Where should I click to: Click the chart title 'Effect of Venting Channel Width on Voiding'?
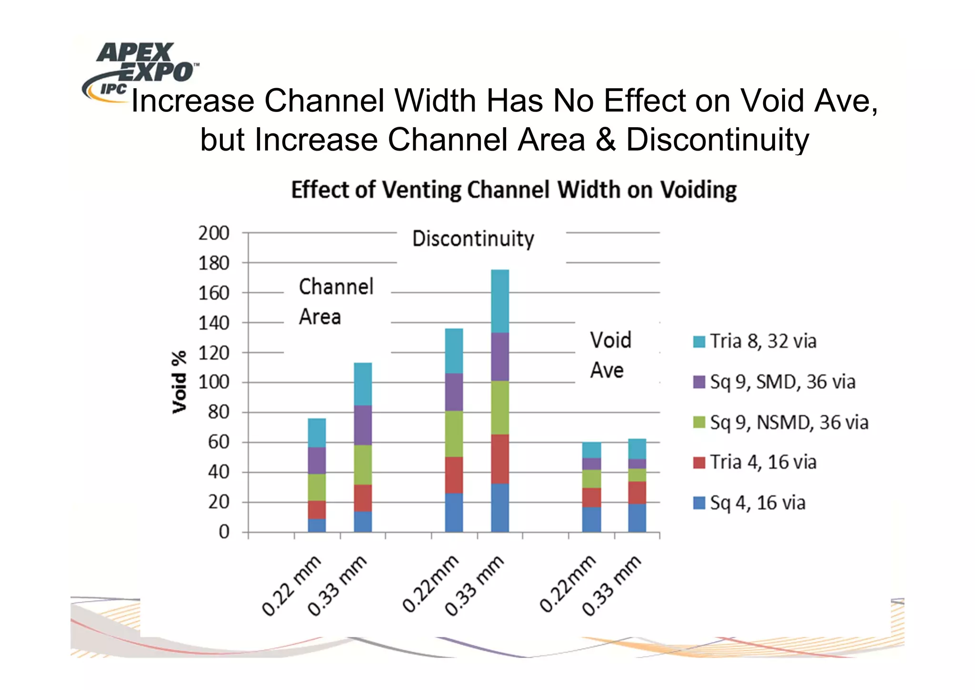[x=514, y=190]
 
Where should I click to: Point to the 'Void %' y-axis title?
[x=179, y=382]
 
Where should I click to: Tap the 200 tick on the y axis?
[x=214, y=233]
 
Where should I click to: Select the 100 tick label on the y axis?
[x=214, y=382]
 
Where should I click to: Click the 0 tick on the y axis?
[x=224, y=532]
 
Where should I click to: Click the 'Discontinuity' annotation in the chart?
[x=473, y=239]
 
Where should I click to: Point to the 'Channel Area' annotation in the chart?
[x=336, y=302]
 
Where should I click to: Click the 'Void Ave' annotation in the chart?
[x=610, y=355]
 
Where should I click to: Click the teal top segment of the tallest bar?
[x=500, y=301]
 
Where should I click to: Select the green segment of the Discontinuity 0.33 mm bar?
[x=500, y=407]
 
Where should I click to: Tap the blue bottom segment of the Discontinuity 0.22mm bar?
[x=454, y=512]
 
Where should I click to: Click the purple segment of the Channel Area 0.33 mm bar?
[x=363, y=425]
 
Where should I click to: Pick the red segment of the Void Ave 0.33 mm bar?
[x=637, y=492]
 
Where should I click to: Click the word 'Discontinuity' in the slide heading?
[x=717, y=140]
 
